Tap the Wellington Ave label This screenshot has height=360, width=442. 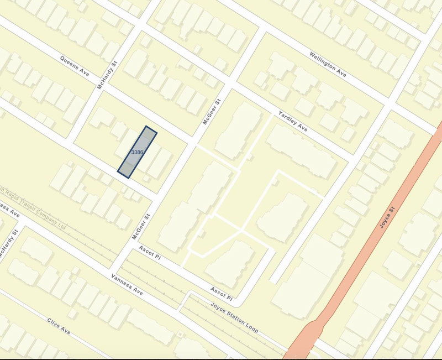328,64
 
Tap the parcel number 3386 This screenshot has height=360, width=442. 138,152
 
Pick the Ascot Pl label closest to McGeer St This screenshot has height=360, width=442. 150,253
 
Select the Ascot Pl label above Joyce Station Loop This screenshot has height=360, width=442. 222,294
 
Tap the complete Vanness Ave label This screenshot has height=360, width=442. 127,284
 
